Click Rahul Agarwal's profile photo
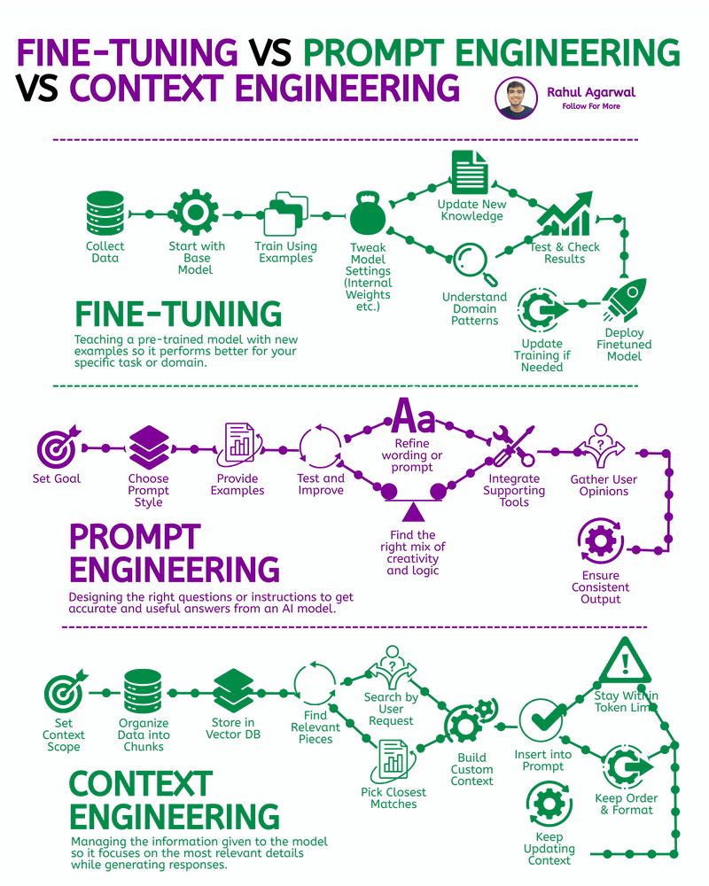point(515,98)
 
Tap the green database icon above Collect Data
point(105,214)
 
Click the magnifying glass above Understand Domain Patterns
point(470,264)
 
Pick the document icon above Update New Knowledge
point(470,172)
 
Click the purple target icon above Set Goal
point(58,447)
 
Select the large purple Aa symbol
point(413,415)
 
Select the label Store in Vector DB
point(233,728)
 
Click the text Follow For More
point(591,106)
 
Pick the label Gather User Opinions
point(603,486)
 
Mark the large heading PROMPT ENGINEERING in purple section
point(174,553)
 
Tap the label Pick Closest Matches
point(393,797)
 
